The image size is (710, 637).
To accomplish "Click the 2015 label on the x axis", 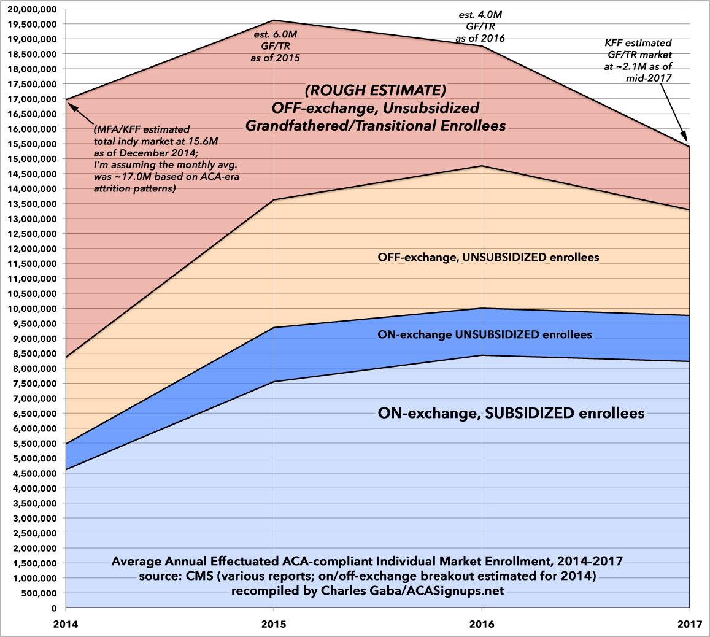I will pos(273,626).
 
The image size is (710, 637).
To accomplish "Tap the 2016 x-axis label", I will pos(481,626).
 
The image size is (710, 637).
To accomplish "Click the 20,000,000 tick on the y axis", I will pos(29,9).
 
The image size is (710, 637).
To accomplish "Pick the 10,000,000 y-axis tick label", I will pos(29,309).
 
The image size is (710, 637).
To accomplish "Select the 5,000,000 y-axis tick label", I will pos(32,458).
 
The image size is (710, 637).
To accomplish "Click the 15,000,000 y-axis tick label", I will pos(29,158).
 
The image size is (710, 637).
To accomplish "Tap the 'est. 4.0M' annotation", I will pos(480,15).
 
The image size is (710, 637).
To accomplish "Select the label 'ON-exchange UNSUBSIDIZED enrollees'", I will pos(485,335).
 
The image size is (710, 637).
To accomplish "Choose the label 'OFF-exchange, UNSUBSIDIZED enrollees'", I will pos(488,257).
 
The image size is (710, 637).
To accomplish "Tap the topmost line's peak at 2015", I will pos(273,20).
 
